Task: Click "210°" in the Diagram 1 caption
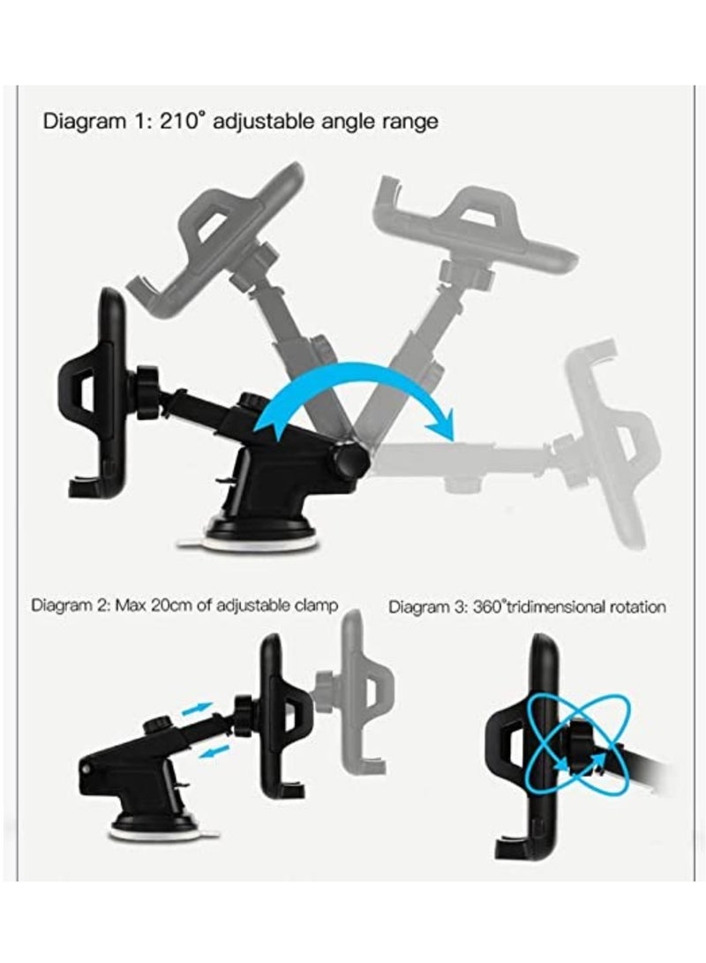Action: [x=183, y=121]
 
